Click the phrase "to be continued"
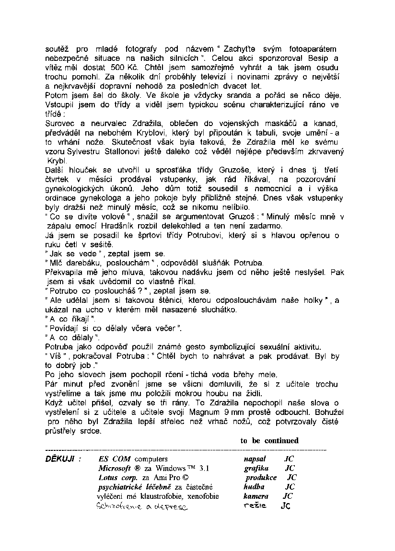[269, 441]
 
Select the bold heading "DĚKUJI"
[59, 459]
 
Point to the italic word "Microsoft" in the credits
[115, 468]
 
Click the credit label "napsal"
[255, 459]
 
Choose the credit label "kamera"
[256, 496]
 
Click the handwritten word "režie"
[255, 505]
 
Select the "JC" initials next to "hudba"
[289, 487]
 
